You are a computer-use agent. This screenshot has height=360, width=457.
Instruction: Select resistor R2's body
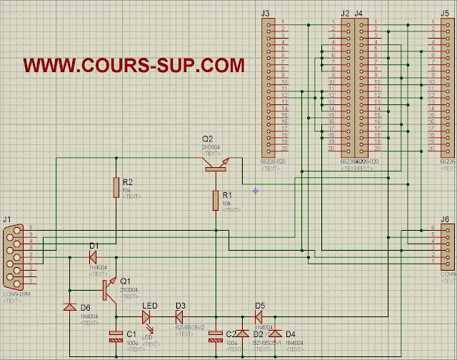[116, 187]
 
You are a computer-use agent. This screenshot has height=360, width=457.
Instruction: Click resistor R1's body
[215, 200]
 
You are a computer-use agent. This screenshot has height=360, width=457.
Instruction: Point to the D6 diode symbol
[69, 307]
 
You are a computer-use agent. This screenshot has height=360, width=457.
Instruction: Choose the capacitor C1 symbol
[116, 336]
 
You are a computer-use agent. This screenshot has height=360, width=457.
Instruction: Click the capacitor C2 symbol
[215, 336]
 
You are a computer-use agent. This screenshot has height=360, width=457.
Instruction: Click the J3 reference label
[266, 14]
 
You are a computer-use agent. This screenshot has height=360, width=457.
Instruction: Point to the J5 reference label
[435, 14]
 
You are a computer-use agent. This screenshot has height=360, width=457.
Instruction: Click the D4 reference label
[290, 334]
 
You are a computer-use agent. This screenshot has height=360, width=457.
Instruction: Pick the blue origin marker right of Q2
[255, 190]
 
